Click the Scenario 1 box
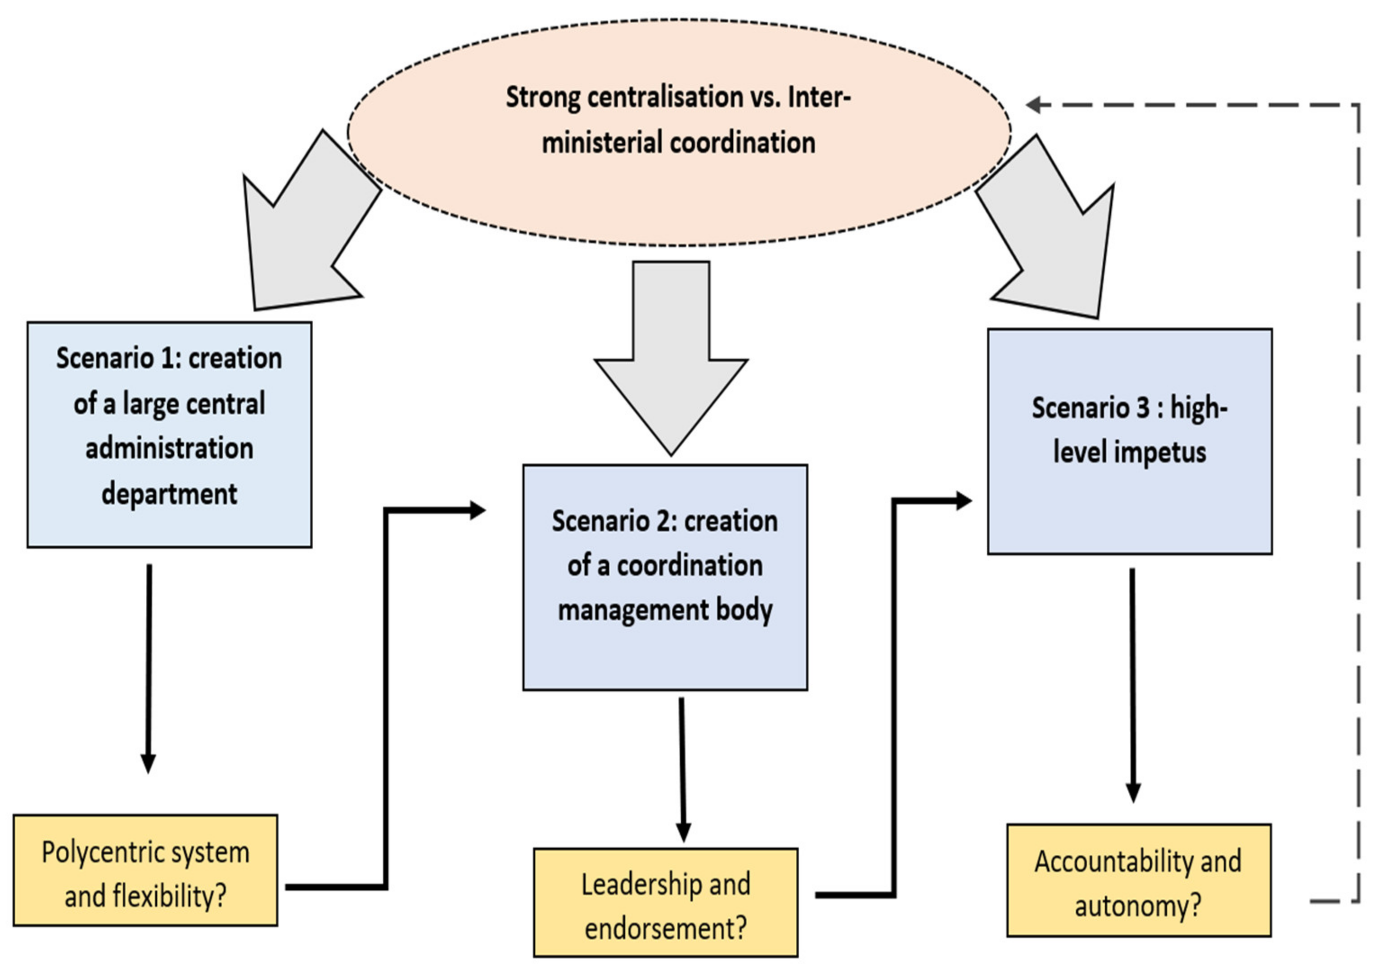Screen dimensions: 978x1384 pyautogui.click(x=169, y=434)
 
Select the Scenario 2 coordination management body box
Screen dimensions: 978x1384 pyautogui.click(x=665, y=577)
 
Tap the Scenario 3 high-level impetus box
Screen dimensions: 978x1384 pyautogui.click(x=1130, y=441)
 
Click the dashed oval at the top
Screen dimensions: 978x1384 pyautogui.click(x=679, y=199)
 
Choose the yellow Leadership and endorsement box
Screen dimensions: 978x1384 pyautogui.click(x=666, y=903)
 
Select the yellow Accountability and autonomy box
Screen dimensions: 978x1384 pyautogui.click(x=1139, y=880)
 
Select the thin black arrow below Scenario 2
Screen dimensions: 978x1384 pyautogui.click(x=682, y=772)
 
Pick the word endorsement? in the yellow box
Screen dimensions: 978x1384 pyautogui.click(x=666, y=928)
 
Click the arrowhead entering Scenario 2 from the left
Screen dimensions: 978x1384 pyautogui.click(x=478, y=510)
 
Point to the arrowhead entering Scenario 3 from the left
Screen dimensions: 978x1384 pyautogui.click(x=963, y=500)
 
